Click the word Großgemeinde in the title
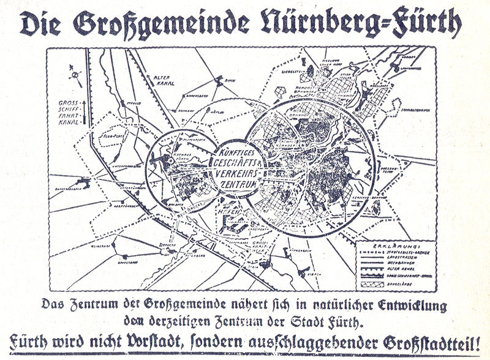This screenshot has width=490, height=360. coord(160,25)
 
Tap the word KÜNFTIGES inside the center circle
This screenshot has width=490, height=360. coord(236,149)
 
